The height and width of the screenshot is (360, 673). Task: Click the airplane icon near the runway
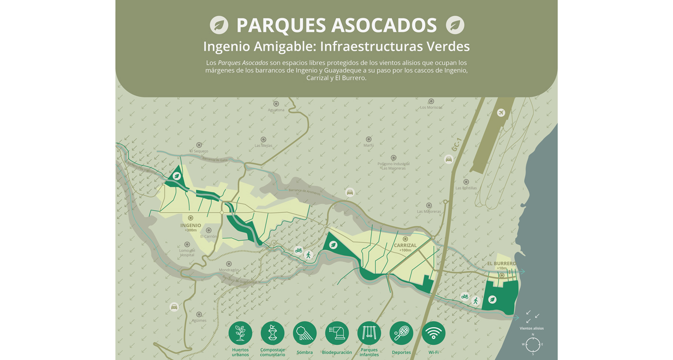[501, 113]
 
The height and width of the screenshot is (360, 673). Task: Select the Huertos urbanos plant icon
[240, 333]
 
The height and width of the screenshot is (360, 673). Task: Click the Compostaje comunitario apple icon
[273, 333]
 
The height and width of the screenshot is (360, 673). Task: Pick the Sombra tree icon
[305, 333]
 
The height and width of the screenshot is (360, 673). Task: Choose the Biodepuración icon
[337, 333]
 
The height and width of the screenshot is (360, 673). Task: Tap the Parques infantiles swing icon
[369, 333]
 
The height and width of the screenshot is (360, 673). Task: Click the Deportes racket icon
[401, 333]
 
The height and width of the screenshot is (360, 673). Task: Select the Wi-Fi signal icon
[434, 333]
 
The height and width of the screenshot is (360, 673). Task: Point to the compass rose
[533, 344]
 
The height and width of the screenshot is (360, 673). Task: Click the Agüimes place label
[199, 320]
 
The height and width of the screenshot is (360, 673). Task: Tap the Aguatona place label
[276, 110]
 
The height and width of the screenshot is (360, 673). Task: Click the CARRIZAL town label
[405, 245]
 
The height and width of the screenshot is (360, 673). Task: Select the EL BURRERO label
[501, 263]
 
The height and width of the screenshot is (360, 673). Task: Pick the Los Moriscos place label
[431, 108]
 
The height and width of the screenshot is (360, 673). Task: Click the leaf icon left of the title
[219, 25]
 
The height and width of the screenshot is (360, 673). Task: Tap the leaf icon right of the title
[455, 25]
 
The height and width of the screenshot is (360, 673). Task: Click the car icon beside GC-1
[448, 160]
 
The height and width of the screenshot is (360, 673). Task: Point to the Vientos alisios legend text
[532, 328]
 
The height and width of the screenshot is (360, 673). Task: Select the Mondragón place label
[229, 270]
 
